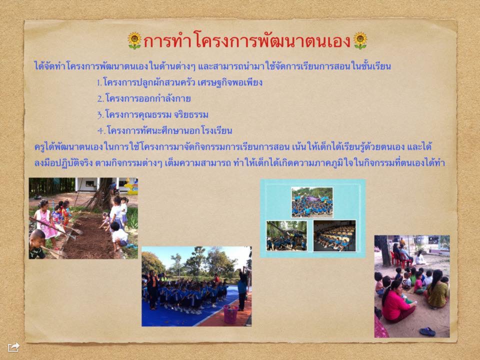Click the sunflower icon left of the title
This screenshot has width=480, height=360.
click(x=134, y=40)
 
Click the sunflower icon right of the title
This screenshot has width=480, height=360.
click(x=360, y=40)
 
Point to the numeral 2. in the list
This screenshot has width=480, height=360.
click(x=100, y=98)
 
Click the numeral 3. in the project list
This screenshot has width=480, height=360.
click(x=100, y=115)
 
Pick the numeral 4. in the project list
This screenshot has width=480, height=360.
click(x=101, y=130)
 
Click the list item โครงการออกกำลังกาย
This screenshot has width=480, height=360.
click(x=148, y=98)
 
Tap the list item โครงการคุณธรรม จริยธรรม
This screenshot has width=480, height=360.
click(x=156, y=114)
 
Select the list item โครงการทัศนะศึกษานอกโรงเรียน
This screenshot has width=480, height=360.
click(x=169, y=130)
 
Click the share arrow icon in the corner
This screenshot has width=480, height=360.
click(x=14, y=347)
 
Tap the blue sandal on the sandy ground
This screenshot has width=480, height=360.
click(x=427, y=331)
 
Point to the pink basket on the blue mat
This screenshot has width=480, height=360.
click(x=230, y=314)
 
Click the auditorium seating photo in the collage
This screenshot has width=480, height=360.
click(x=334, y=235)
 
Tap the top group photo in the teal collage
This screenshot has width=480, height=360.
click(x=312, y=202)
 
